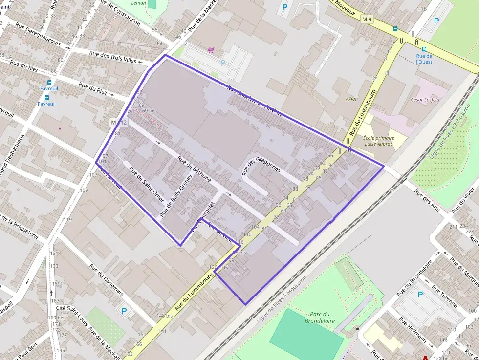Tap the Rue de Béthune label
point(194,169)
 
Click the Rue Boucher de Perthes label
point(255,101)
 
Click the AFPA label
point(351,99)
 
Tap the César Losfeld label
point(426,100)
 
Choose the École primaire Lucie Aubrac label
point(378,142)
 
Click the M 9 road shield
point(367,20)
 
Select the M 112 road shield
point(118,122)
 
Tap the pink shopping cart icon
point(211,49)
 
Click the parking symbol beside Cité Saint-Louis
point(124,311)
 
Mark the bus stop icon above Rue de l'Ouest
point(424,49)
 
